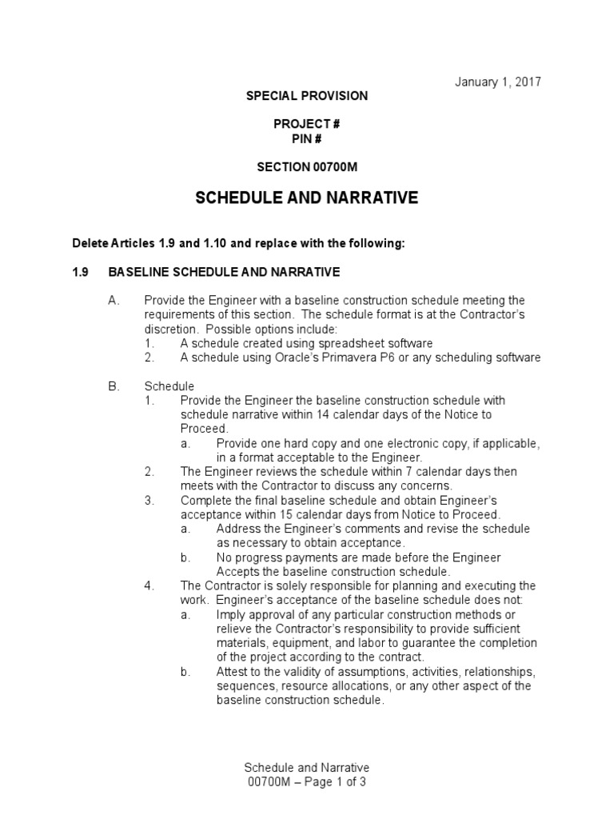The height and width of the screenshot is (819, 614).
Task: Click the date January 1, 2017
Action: [x=498, y=82]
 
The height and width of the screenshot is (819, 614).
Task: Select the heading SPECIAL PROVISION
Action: [x=307, y=96]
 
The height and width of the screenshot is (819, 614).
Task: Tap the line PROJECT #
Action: [x=307, y=123]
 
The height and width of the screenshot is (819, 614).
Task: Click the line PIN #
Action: [x=307, y=138]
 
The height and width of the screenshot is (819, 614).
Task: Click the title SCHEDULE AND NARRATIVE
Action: [x=307, y=198]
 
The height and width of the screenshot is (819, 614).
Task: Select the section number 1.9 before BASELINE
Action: [x=81, y=271]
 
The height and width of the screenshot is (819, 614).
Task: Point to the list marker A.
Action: [x=114, y=300]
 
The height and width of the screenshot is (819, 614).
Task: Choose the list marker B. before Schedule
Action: [x=114, y=386]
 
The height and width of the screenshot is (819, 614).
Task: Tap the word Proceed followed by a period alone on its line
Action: [x=203, y=429]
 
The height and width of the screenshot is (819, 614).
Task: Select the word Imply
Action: [x=232, y=614]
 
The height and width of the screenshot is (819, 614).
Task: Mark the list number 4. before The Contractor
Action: [x=150, y=585]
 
